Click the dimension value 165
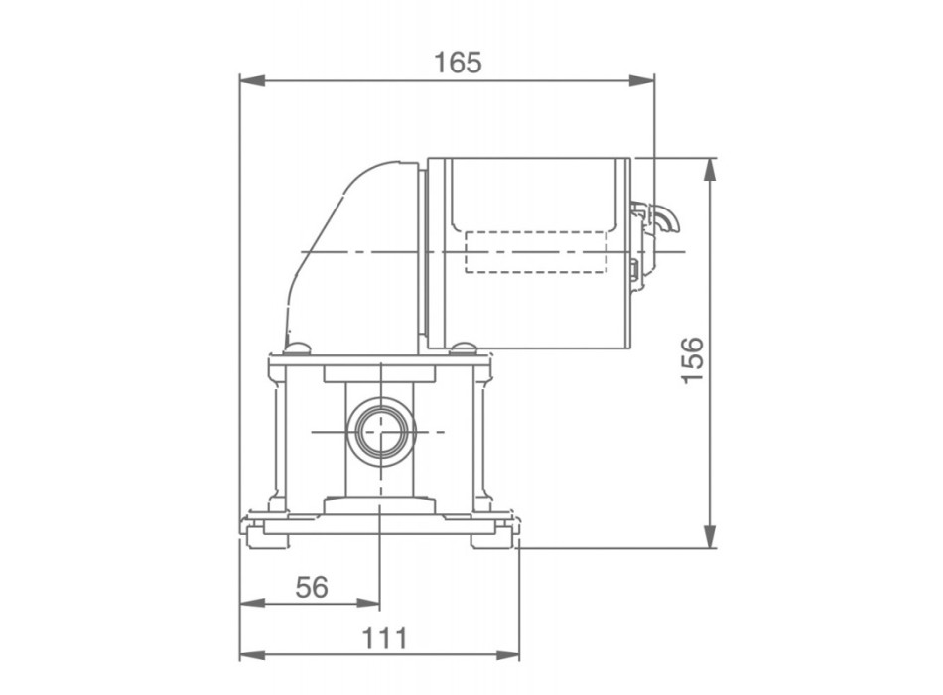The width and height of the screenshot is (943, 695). point(458,62)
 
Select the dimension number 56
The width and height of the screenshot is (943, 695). point(312,587)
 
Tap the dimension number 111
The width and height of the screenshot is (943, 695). point(383,638)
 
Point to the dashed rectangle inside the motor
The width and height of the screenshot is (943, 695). point(535,251)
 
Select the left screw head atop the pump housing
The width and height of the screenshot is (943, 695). point(296,347)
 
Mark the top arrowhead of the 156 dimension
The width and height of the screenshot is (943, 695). point(709,168)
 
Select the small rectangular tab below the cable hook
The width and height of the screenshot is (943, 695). point(634,268)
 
